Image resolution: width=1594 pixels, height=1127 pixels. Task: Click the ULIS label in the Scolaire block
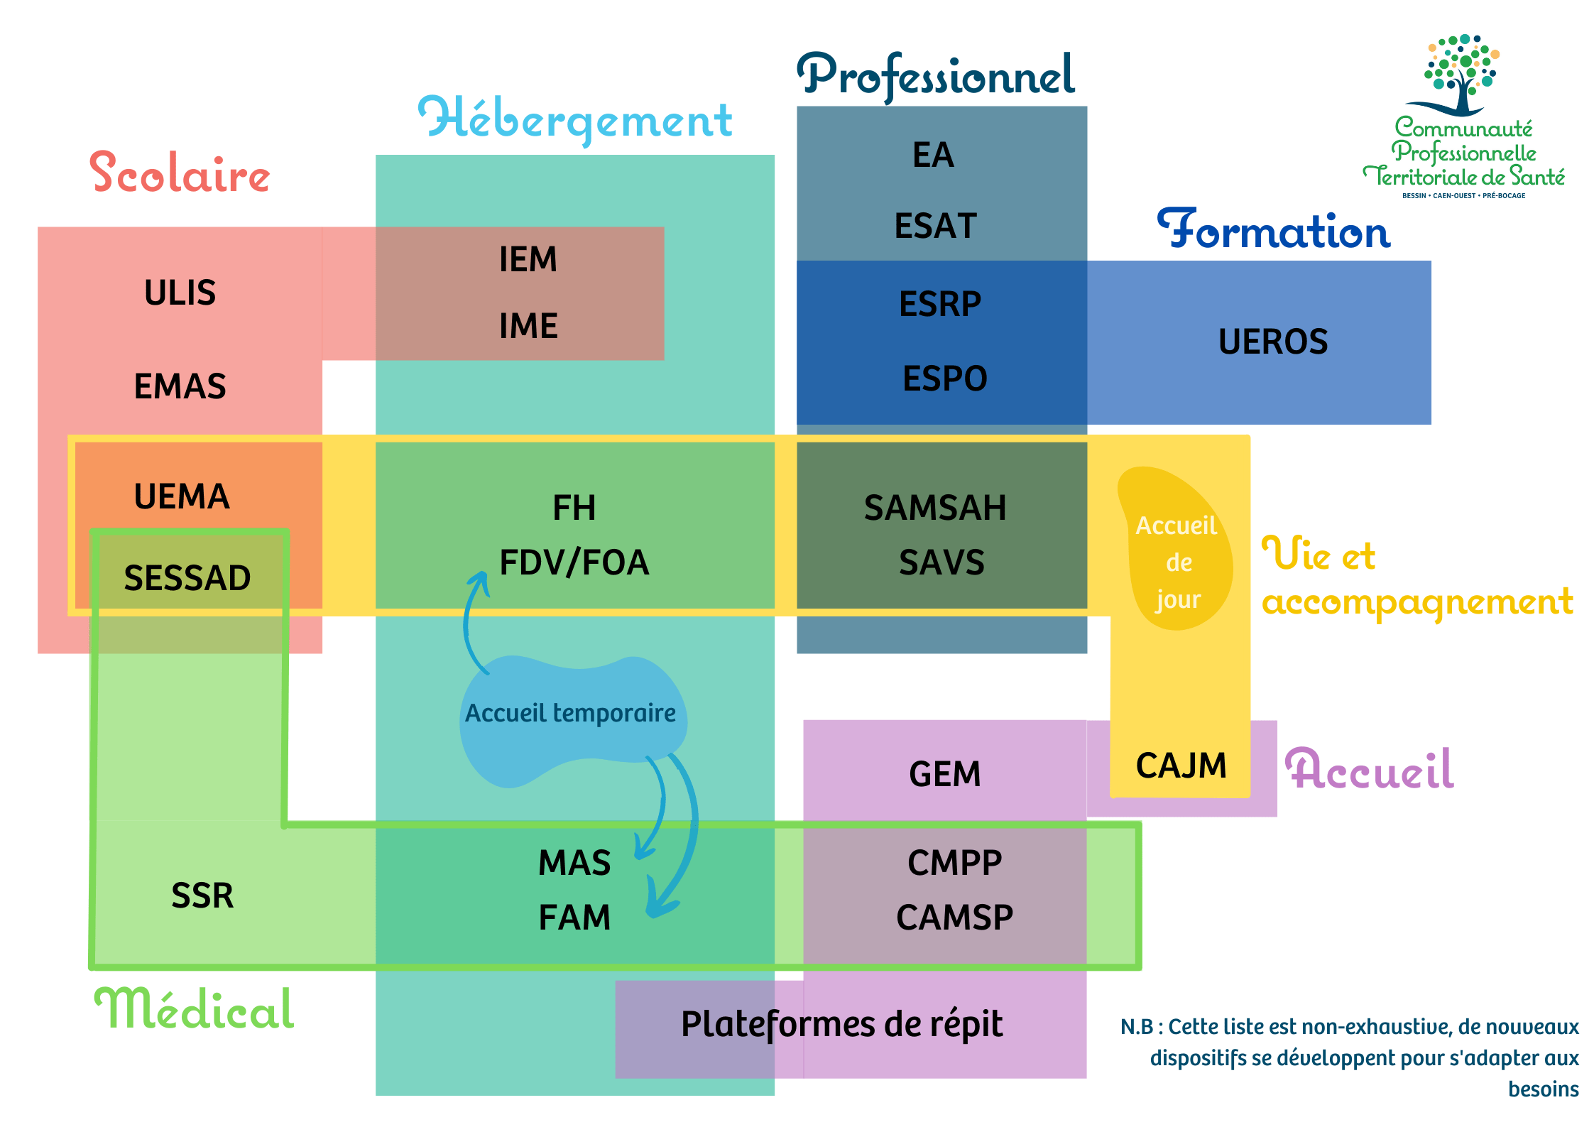pyautogui.click(x=180, y=293)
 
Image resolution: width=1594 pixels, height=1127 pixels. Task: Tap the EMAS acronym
pyautogui.click(x=180, y=386)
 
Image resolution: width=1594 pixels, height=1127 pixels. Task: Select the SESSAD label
pyautogui.click(x=187, y=577)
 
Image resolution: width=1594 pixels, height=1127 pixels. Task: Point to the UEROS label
pyautogui.click(x=1273, y=342)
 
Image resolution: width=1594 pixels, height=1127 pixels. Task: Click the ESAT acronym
pyautogui.click(x=936, y=226)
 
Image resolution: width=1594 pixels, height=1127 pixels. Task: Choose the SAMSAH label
pyautogui.click(x=935, y=508)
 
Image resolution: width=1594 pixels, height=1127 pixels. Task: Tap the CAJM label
pyautogui.click(x=1181, y=766)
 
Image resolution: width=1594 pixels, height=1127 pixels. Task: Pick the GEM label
pyautogui.click(x=945, y=774)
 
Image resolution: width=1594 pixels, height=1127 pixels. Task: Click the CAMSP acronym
pyautogui.click(x=954, y=917)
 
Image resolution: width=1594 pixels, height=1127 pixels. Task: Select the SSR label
pyautogui.click(x=202, y=895)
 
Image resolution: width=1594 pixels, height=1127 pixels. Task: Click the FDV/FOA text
pyautogui.click(x=574, y=562)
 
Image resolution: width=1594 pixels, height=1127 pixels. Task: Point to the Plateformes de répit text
pyautogui.click(x=841, y=1024)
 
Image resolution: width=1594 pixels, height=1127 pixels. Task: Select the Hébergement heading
pyautogui.click(x=575, y=119)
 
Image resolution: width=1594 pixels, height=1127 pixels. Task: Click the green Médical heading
pyautogui.click(x=195, y=1009)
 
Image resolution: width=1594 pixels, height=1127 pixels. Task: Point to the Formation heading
pyautogui.click(x=1274, y=231)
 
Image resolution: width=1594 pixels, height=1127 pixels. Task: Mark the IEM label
pyautogui.click(x=528, y=259)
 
